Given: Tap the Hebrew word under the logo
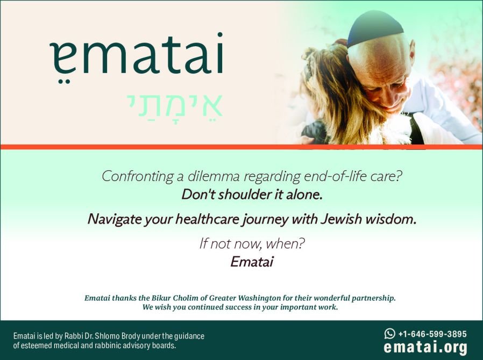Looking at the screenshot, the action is (x=174, y=105).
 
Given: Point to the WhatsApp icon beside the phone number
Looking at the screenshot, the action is (x=389, y=334).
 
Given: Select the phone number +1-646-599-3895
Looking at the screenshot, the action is (x=432, y=334).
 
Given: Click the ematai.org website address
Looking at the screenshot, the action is (x=425, y=348).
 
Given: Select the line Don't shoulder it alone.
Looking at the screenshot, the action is (x=252, y=195).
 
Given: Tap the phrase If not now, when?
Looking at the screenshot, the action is (x=252, y=244).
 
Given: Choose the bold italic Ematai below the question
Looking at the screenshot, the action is (x=252, y=262).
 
